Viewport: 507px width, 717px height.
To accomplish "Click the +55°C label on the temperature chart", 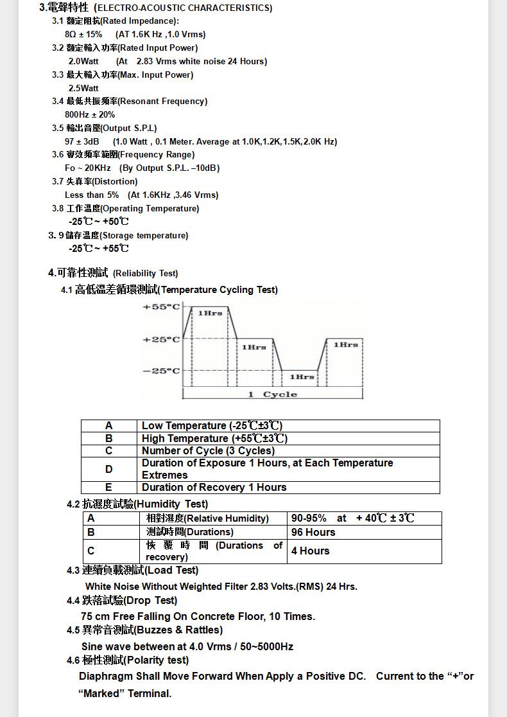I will (161, 307).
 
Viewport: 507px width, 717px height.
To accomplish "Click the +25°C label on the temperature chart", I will (161, 339).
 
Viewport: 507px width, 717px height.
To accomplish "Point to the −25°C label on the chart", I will (161, 371).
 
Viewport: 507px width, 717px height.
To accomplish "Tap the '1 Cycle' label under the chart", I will (272, 394).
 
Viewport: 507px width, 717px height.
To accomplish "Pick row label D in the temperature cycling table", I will (109, 469).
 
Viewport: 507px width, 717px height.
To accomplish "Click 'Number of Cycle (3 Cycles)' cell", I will (208, 450).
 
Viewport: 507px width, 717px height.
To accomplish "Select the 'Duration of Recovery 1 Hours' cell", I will (214, 487).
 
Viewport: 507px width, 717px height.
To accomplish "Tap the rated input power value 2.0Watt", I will (83, 61).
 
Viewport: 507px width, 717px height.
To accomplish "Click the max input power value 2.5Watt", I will (83, 88).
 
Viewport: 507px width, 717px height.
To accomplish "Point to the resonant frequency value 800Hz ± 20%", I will (90, 114).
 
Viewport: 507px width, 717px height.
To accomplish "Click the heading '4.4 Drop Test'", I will (122, 600).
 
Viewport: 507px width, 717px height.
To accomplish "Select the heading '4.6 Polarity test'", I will (128, 660).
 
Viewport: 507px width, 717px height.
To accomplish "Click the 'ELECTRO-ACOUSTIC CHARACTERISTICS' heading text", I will (183, 8).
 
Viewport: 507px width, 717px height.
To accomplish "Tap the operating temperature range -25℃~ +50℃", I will (99, 222).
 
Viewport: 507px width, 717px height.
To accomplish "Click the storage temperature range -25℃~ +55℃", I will (99, 249).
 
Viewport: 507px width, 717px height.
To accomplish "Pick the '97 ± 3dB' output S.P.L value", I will (82, 141).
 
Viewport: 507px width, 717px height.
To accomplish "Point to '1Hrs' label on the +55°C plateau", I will (210, 313).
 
